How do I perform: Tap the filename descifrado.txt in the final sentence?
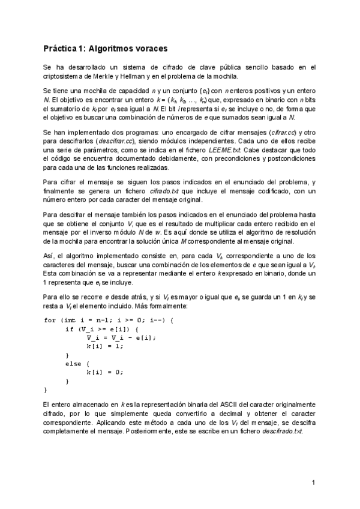(278, 432)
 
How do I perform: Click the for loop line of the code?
(109, 320)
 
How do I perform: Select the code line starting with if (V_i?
(101, 329)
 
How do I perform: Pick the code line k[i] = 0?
(104, 372)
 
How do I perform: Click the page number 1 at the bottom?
(313, 482)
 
